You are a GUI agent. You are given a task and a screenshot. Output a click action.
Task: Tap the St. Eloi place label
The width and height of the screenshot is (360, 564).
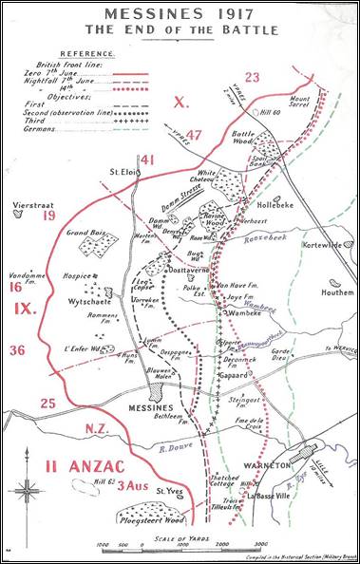click(124, 172)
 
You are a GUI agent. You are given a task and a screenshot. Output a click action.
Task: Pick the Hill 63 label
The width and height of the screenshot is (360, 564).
click(118, 485)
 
